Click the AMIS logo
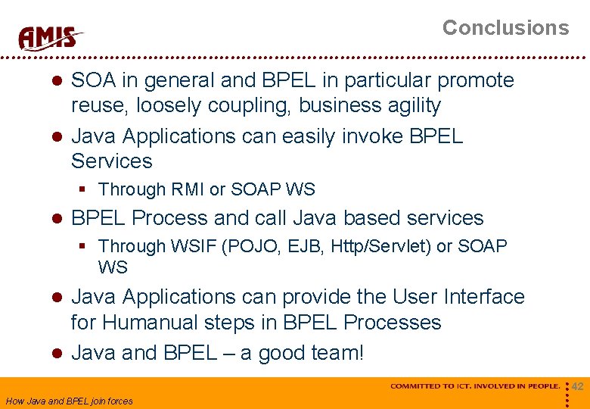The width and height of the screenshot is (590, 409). (50, 37)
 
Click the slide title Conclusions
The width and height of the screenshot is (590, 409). (505, 28)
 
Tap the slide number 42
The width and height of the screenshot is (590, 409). (577, 387)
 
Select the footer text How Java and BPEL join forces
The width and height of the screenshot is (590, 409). (69, 401)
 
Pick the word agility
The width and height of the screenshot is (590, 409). (412, 105)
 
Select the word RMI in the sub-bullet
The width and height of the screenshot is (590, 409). (193, 189)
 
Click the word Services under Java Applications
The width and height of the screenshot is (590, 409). (112, 161)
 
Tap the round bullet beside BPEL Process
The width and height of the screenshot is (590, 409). (55, 219)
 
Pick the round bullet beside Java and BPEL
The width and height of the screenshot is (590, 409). (55, 354)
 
